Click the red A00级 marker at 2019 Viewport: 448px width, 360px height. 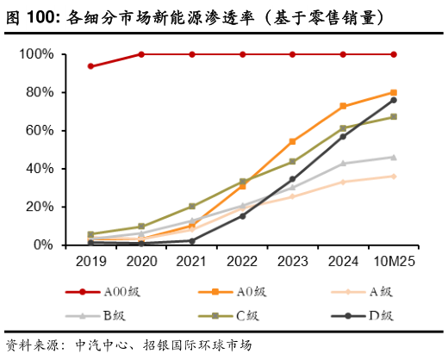90,66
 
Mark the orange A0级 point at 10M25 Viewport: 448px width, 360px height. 394,92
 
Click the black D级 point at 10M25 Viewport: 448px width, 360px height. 394,100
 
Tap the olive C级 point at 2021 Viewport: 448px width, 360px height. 191,207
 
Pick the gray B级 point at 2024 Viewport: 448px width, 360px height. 343,163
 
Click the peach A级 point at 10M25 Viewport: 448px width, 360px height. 394,176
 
